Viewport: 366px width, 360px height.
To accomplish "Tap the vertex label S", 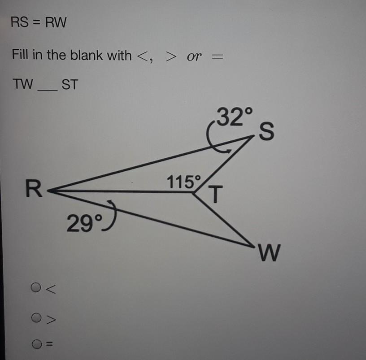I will tap(266, 132).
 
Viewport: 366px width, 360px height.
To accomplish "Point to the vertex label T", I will tap(216, 195).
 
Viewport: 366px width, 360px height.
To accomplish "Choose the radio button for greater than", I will tap(36, 318).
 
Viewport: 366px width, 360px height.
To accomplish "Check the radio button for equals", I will tap(36, 344).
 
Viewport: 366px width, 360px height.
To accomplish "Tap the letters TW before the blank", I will tap(23, 84).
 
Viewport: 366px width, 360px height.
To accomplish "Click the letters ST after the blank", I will tap(69, 84).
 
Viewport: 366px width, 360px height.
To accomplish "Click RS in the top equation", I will tap(20, 22).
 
